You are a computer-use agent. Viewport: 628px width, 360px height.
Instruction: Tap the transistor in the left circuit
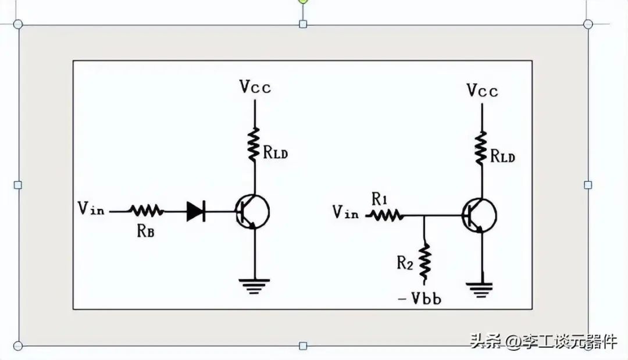[252, 212]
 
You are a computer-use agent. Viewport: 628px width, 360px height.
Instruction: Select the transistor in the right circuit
[479, 215]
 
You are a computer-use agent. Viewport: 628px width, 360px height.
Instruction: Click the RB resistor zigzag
[146, 211]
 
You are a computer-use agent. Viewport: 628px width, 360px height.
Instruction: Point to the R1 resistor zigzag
[385, 215]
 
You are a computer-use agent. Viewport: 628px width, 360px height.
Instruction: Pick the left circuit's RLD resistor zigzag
[254, 145]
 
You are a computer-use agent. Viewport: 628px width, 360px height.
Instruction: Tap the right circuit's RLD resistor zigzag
[481, 148]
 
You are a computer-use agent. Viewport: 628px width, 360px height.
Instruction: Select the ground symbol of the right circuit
[479, 290]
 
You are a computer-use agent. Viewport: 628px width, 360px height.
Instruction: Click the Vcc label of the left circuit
[255, 87]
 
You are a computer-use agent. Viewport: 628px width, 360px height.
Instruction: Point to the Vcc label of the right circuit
[483, 91]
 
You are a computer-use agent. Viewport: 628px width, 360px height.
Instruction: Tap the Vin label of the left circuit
[91, 208]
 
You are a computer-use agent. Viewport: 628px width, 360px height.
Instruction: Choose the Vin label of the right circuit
[345, 212]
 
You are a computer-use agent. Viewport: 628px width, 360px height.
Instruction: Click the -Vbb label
[420, 298]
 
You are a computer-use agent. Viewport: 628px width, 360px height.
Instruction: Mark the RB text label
[145, 231]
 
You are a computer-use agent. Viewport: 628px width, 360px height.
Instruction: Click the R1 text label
[380, 199]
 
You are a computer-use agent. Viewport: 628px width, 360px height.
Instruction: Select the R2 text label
[405, 263]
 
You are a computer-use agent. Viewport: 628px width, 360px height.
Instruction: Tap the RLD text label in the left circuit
[276, 152]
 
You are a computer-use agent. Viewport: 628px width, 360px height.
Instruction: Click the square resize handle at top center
[303, 24]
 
